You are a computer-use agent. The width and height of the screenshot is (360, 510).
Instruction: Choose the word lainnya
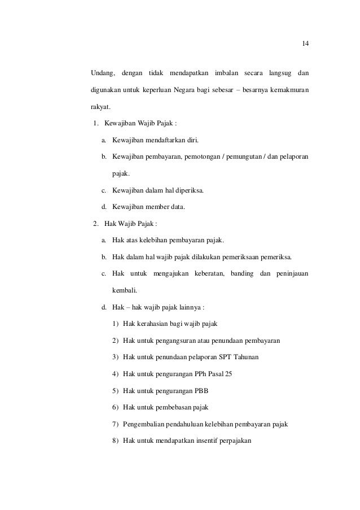tap(189, 308)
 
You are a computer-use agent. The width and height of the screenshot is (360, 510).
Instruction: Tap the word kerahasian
tap(155, 325)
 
